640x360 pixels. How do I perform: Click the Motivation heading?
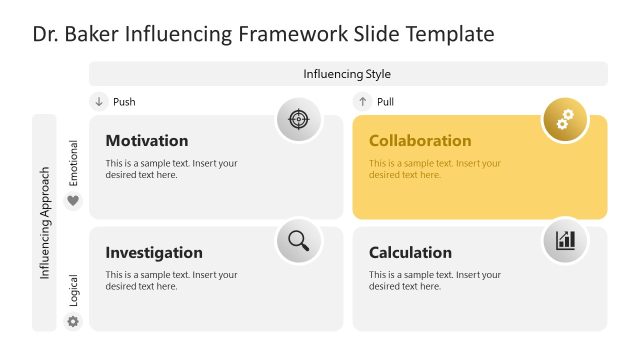tap(146, 141)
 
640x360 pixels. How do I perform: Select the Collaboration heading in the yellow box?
tap(420, 141)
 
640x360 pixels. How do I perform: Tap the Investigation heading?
tap(154, 253)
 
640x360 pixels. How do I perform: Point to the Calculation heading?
tap(410, 253)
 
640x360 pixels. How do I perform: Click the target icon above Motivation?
tap(298, 120)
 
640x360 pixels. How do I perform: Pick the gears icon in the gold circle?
tap(565, 120)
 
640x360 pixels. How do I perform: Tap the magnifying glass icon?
tap(298, 240)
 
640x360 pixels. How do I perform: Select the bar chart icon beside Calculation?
tap(565, 240)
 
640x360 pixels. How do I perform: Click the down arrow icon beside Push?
tap(99, 102)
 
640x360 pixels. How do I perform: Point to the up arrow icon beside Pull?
tap(362, 102)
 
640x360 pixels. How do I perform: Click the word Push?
tap(124, 102)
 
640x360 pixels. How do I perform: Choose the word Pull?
tap(385, 102)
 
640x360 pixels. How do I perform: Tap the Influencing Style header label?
tap(347, 74)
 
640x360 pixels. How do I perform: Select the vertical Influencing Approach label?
tap(45, 222)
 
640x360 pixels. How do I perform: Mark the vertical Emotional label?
tap(73, 163)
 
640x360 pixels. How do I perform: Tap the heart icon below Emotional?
tap(72, 201)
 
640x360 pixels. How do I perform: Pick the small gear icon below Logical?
tap(72, 322)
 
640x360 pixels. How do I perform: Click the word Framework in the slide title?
tap(287, 34)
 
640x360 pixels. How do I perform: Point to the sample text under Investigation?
tap(171, 280)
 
